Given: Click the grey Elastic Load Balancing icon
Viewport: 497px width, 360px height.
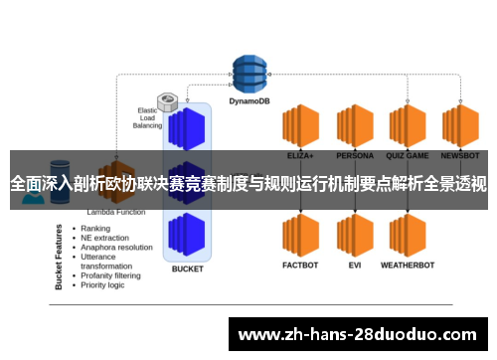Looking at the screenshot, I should [x=168, y=101].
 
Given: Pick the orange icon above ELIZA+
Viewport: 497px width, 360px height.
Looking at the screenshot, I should [x=299, y=126].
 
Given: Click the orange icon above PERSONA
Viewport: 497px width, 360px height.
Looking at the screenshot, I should [x=355, y=126].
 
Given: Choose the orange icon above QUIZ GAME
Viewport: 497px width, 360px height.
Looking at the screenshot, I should [x=408, y=126].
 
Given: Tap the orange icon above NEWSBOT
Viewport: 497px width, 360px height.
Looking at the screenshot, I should [x=461, y=126].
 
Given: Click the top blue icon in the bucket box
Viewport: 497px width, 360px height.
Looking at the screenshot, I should [x=187, y=126].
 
